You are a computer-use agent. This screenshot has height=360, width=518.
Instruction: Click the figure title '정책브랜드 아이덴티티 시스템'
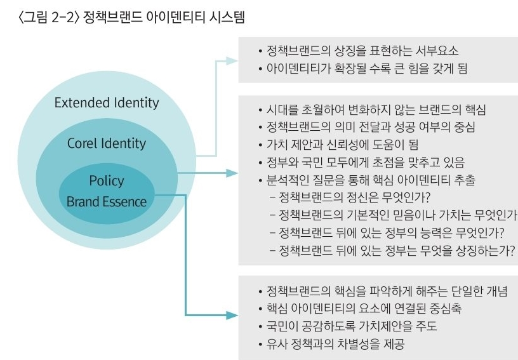click(x=164, y=17)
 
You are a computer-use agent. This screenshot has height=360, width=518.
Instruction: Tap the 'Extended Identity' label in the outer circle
click(x=107, y=103)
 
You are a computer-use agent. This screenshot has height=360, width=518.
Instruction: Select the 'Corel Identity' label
click(x=107, y=143)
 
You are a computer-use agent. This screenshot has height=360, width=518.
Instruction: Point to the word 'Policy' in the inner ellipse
click(x=107, y=181)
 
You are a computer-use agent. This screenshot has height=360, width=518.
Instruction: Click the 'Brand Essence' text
click(x=107, y=201)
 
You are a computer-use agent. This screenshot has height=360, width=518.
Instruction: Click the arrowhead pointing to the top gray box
click(x=232, y=61)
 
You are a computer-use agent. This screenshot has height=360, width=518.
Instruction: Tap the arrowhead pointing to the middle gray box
click(x=232, y=173)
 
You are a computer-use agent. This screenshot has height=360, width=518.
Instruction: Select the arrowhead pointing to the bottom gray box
click(x=232, y=316)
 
